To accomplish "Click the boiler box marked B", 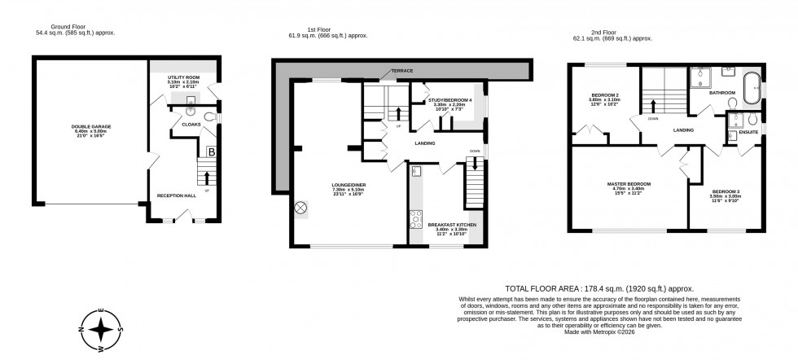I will coord(211,151).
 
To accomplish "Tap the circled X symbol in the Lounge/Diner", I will coord(300,208).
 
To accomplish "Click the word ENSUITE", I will coord(745,130).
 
